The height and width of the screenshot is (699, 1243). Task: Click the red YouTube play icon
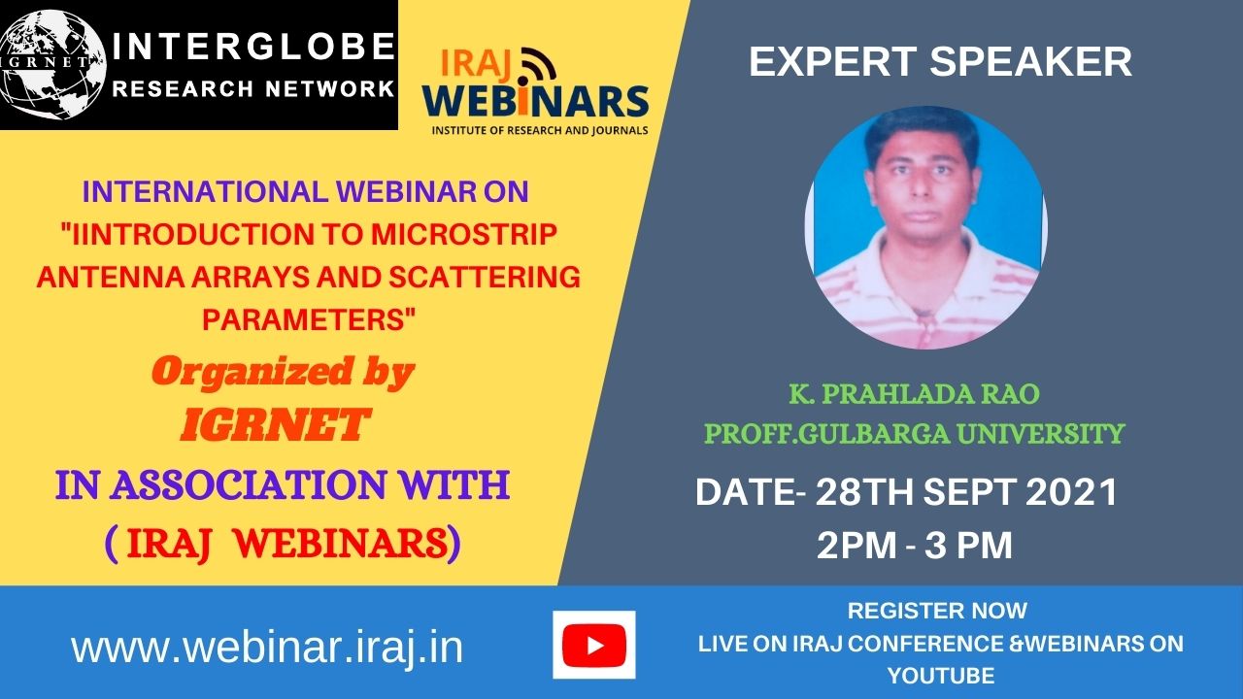coord(593,646)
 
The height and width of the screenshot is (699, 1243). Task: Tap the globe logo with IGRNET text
coord(52,65)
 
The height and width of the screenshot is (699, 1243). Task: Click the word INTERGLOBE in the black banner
coord(253,46)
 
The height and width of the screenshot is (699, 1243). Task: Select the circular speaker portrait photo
coord(925,227)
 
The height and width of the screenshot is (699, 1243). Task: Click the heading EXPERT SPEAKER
coord(940,61)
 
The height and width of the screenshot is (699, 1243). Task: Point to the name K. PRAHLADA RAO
coord(914,394)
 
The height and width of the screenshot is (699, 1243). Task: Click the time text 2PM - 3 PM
coord(915,545)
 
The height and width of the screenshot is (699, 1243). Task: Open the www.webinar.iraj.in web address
coord(267,648)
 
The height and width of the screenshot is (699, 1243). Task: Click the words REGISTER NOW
coord(937,611)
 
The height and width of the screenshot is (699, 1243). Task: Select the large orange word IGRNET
coord(275,425)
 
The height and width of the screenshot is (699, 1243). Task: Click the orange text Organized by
coord(283,373)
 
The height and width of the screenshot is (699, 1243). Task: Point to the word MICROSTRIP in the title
coord(464,234)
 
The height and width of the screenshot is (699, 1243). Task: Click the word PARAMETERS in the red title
coord(309,319)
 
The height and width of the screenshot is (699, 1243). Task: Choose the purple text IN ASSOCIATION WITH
coord(283,484)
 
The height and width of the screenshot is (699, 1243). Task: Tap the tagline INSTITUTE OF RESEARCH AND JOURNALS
coord(540,131)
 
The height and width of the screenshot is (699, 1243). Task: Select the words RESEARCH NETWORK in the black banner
coord(253,88)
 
